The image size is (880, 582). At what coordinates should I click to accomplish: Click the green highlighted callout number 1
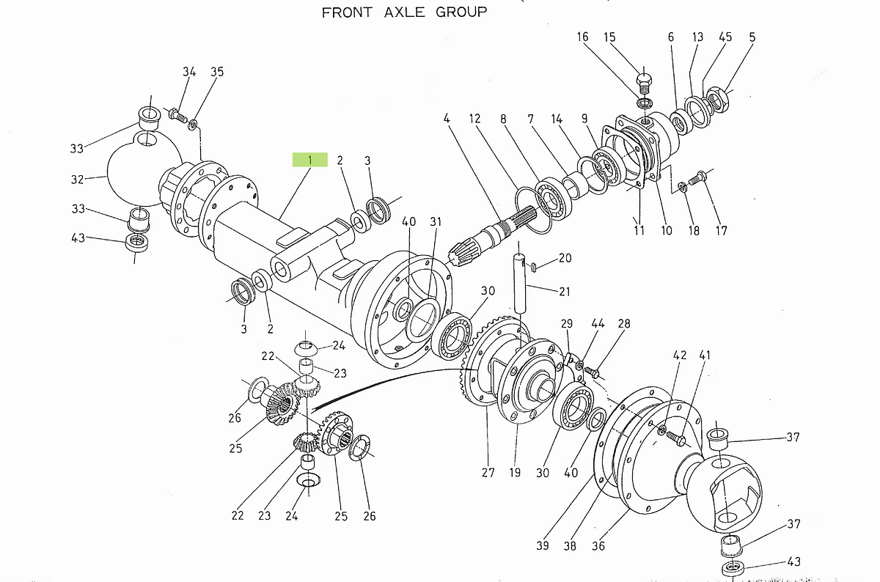309,160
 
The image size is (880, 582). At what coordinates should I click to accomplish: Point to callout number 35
217,72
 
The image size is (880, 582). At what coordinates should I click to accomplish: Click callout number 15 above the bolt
609,37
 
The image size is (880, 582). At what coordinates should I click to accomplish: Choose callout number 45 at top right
725,37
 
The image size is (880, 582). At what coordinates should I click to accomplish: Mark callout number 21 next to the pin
563,292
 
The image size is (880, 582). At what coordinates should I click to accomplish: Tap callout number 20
564,258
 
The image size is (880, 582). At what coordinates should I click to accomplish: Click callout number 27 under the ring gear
488,473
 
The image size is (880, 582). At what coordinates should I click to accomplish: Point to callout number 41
705,356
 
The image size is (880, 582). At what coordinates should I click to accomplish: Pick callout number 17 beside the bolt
721,231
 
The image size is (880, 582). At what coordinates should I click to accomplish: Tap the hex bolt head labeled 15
644,80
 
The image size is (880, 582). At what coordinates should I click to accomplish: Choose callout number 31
436,222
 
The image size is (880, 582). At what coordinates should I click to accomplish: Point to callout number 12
474,118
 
